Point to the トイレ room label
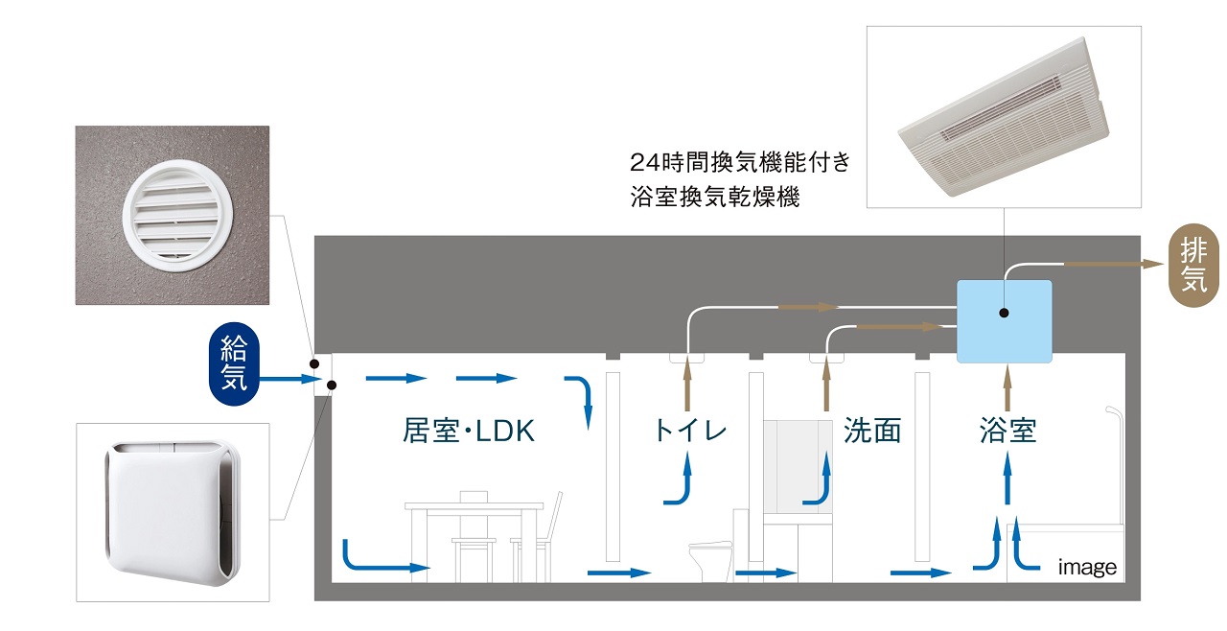(689, 431)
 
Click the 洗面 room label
(872, 431)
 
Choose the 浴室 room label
(1007, 431)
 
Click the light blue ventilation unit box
(1005, 321)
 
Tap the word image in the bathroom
(1087, 568)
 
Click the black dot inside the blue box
(1003, 313)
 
